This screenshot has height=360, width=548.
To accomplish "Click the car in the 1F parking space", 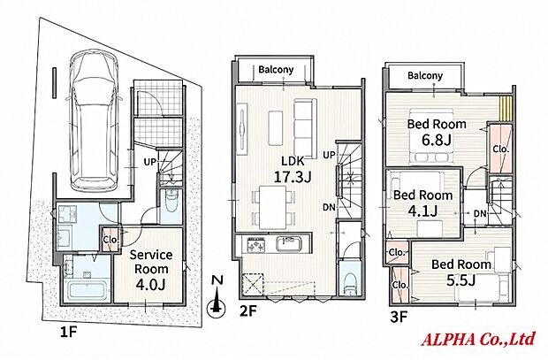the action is tap(94, 120).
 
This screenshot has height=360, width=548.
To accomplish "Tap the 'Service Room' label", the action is tap(151, 262).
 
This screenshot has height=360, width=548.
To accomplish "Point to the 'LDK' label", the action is tap(293, 161).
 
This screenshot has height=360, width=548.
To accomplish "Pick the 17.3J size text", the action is tap(293, 177).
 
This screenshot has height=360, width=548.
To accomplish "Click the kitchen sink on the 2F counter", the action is tap(289, 243).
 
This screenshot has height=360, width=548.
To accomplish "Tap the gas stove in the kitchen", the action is tap(257, 244).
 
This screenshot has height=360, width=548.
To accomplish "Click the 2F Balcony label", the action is tap(276, 70).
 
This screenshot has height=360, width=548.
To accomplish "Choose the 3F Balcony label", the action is tap(425, 75).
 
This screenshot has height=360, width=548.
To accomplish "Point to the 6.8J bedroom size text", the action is tap(437, 141).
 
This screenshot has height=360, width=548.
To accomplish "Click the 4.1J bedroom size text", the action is tap(422, 211).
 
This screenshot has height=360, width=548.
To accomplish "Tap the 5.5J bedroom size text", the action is tap(460, 280).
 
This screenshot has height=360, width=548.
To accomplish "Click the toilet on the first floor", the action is tap(171, 202).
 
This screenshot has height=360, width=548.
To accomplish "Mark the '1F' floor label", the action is tap(68, 333).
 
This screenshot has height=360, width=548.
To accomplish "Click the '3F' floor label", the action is tap(399, 318).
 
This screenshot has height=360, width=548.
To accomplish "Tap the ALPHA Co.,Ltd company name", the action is tap(478, 339).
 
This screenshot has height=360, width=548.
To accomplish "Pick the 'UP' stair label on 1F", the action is tap(149, 162).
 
